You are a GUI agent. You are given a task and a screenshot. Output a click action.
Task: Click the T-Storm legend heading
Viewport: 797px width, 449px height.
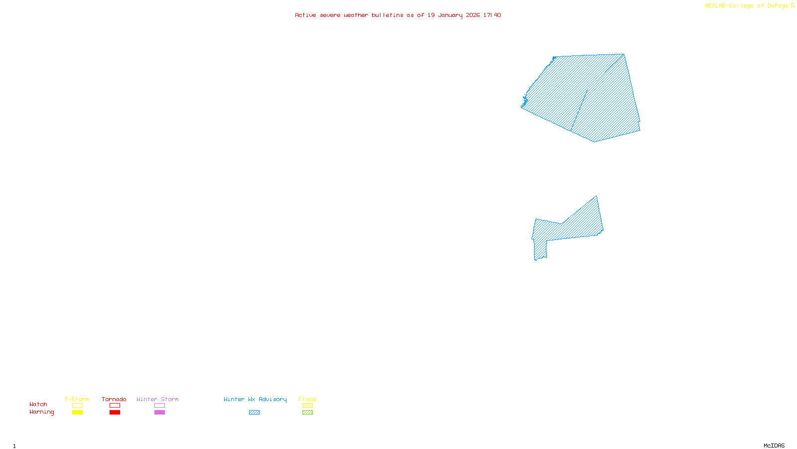[x=77, y=399]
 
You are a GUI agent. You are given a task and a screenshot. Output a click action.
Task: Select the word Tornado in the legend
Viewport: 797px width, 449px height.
[x=114, y=399]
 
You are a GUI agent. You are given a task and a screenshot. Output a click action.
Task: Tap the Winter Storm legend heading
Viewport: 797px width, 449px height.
[x=157, y=399]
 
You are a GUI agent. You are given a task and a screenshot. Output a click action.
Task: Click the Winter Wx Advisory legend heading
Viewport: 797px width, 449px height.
[x=255, y=399]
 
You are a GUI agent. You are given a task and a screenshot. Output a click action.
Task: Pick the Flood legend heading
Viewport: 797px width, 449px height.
[x=307, y=399]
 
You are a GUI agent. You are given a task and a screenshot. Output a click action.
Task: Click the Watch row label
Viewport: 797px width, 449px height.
[x=38, y=404]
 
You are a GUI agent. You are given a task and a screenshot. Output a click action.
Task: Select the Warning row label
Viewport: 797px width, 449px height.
[x=42, y=412]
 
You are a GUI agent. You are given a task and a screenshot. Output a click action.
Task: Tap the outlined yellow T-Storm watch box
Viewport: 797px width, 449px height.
[x=77, y=406]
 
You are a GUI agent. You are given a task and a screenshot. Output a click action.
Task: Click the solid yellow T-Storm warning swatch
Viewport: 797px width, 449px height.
[x=77, y=413]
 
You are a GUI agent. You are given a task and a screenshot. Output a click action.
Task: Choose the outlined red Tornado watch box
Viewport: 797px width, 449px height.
[x=115, y=406]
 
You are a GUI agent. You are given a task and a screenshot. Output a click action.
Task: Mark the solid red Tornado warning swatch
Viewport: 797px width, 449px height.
[x=115, y=413]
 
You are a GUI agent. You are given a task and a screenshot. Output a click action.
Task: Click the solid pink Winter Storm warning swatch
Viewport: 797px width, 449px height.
[x=159, y=413]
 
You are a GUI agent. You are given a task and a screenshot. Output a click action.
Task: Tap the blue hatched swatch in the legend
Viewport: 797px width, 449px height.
[x=254, y=413]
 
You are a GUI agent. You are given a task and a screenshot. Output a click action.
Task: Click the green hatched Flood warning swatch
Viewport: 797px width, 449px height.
[x=307, y=413]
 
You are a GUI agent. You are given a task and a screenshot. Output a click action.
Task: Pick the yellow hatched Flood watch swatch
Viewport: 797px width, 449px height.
[x=307, y=406]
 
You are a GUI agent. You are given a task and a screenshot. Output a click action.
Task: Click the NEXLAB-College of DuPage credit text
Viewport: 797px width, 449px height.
[x=747, y=6]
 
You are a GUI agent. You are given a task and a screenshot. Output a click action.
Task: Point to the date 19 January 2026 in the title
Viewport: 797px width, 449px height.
[x=453, y=15]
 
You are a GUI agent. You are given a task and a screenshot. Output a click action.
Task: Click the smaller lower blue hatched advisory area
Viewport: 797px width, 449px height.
[x=573, y=227]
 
